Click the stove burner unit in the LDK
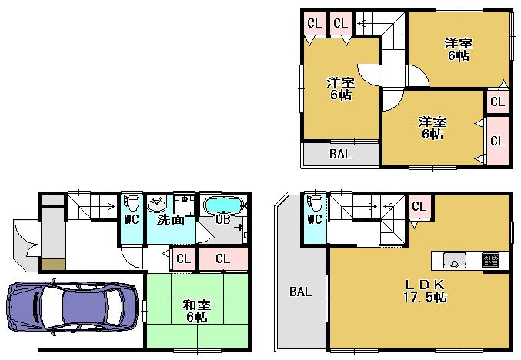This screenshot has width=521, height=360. coord(490,260)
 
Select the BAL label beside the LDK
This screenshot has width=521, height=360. coord(300,292)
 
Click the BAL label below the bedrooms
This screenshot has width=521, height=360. coord(340,154)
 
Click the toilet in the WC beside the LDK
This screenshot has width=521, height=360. coord(314,203)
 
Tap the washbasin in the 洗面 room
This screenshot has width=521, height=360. coord(157,205)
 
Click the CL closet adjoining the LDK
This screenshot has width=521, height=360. coord(418,206)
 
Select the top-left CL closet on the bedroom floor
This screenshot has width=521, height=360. coord(314,23)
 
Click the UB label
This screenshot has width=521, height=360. coord(222,219)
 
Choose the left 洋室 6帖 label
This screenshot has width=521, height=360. coord(339,88)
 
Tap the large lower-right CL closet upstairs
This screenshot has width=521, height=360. coord(496,141)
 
